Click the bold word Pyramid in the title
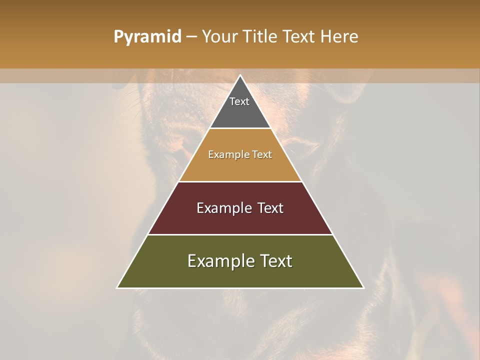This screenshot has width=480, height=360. coord(147,37)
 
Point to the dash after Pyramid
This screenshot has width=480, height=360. coord(191,37)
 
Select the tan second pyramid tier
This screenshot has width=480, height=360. coord(240,167)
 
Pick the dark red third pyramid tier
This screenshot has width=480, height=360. coord(240,220)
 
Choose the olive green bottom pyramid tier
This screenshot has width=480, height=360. coord(240,275)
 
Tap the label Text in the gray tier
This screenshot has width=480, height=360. coord(239,101)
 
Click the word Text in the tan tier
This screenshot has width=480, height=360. coord(262,154)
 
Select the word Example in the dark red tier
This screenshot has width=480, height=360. coord(223,208)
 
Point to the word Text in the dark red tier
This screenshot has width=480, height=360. coord(270,208)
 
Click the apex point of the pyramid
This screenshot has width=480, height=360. coord(240,76)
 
